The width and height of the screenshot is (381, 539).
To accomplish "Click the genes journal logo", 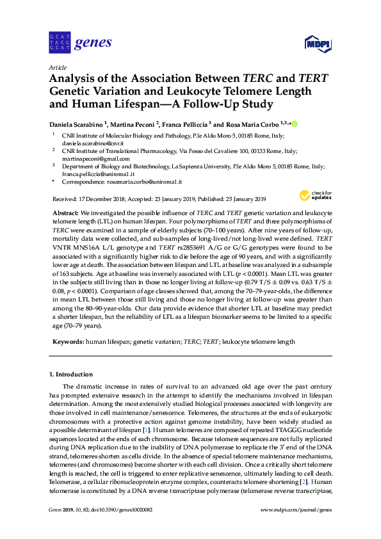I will pyautogui.click(x=80, y=43).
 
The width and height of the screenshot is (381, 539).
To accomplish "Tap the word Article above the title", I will pyautogui.click(x=58, y=67).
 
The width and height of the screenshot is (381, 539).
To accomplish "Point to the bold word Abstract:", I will pyautogui.click(x=65, y=211).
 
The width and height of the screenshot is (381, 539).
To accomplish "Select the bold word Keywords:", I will pyautogui.click(x=67, y=342).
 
